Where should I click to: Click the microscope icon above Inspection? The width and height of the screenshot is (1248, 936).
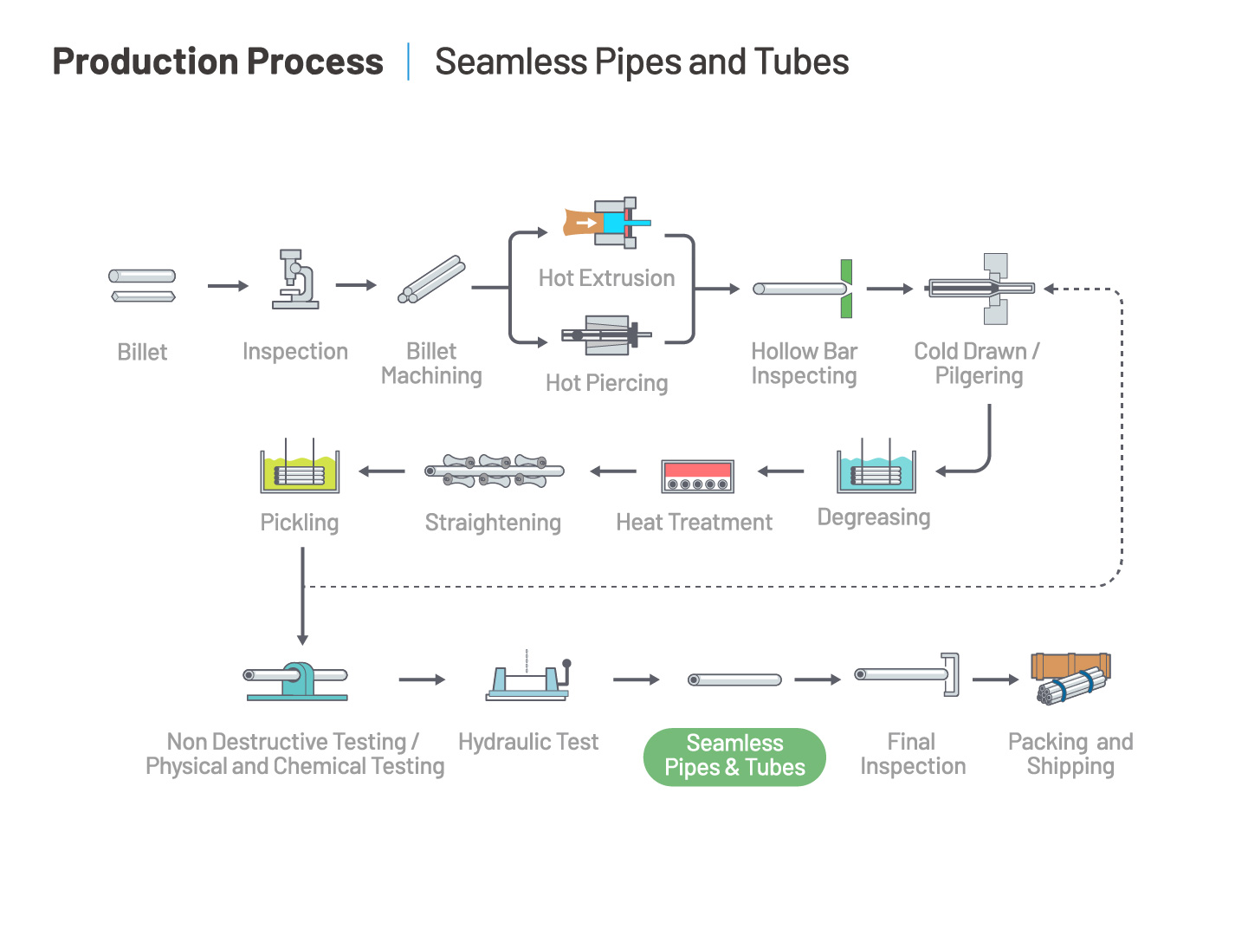[294, 278]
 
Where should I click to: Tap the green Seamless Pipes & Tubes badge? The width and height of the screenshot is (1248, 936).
[734, 756]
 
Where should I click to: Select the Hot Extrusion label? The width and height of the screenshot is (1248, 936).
[606, 277]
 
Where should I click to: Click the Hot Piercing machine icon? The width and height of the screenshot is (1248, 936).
[606, 335]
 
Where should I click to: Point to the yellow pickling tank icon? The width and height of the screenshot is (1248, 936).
[300, 465]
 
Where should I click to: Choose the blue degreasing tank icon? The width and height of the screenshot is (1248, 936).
[876, 465]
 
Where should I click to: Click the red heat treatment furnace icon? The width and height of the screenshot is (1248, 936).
[697, 476]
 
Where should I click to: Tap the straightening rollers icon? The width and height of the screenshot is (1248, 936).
[494, 471]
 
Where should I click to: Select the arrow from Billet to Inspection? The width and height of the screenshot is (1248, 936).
[228, 285]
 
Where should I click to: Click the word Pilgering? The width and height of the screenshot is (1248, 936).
[979, 375]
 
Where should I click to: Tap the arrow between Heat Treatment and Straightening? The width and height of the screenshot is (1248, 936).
[613, 471]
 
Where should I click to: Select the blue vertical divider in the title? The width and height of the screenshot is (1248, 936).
[408, 62]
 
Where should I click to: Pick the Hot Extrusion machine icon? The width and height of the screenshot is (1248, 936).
[606, 223]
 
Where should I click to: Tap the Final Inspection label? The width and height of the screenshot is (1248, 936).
[913, 753]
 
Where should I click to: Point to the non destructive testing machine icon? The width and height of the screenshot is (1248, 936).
[296, 680]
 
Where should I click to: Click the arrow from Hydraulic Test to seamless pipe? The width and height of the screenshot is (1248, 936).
[637, 679]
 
